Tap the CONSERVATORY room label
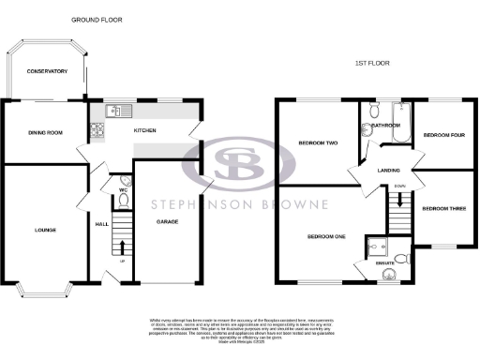(x=47, y=72)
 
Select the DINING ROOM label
(x=45, y=133)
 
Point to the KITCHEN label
(x=144, y=130)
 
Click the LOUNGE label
(x=45, y=230)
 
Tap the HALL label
(x=102, y=224)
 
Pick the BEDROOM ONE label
(x=326, y=236)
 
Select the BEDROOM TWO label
(x=318, y=142)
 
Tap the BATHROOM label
(x=386, y=125)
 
